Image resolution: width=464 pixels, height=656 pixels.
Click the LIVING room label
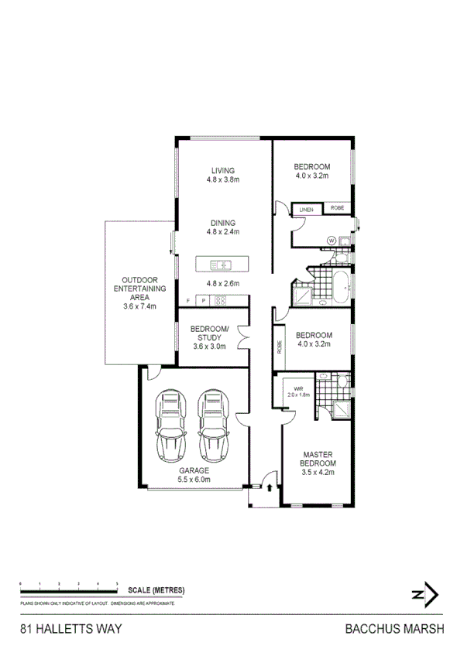[222, 170]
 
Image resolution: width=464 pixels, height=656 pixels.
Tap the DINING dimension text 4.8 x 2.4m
[222, 231]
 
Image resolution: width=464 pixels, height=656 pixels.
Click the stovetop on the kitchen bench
[220, 301]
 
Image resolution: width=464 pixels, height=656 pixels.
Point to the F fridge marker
[187, 301]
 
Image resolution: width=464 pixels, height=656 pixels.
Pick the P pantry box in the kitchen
[203, 301]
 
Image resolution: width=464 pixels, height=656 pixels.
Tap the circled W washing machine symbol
[332, 241]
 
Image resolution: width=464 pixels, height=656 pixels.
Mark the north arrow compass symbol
[424, 594]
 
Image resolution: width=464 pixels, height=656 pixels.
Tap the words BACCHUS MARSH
[394, 630]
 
